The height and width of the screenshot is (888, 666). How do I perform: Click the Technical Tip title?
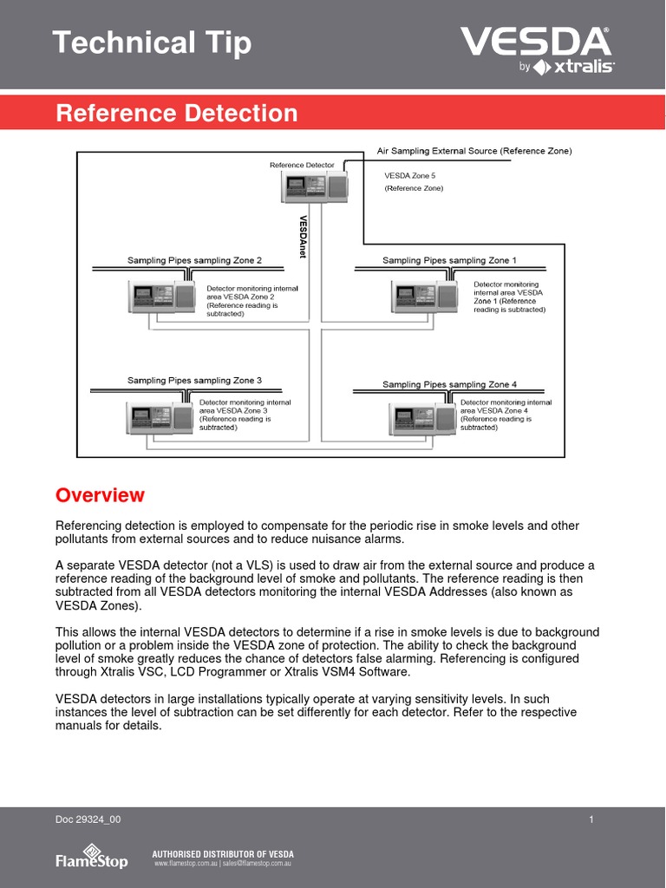point(152,42)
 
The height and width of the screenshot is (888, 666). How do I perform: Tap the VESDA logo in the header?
point(536,49)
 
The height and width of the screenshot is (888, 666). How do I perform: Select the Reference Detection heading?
point(177,113)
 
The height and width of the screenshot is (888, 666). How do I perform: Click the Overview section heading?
point(100,495)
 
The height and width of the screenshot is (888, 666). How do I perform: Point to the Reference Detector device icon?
point(314,186)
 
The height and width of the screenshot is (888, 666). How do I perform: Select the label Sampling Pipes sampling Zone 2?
point(194,260)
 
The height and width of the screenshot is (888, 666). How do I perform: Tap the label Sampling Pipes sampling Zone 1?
point(449,260)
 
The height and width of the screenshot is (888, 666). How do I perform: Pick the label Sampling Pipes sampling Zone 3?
point(194,380)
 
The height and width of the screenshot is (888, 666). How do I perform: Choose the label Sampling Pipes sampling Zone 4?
point(449,384)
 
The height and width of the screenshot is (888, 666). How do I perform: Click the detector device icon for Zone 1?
point(423,296)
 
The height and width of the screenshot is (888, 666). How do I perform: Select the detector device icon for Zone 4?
point(422,420)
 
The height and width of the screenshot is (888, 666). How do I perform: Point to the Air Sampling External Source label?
point(474,151)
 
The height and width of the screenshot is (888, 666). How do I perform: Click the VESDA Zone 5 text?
point(410,176)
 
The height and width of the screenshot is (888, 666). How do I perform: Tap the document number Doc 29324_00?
point(88,819)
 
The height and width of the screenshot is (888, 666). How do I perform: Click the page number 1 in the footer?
point(591,819)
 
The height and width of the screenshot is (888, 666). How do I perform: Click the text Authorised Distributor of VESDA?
point(223,853)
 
